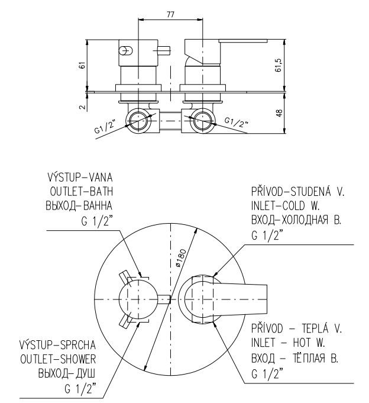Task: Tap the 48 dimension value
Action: tap(279, 112)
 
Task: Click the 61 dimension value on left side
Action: tap(83, 65)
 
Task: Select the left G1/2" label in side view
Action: tap(104, 128)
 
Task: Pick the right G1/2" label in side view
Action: tap(236, 122)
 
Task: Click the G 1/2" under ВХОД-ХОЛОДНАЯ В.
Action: tap(267, 234)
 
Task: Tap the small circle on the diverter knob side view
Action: tap(125, 50)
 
